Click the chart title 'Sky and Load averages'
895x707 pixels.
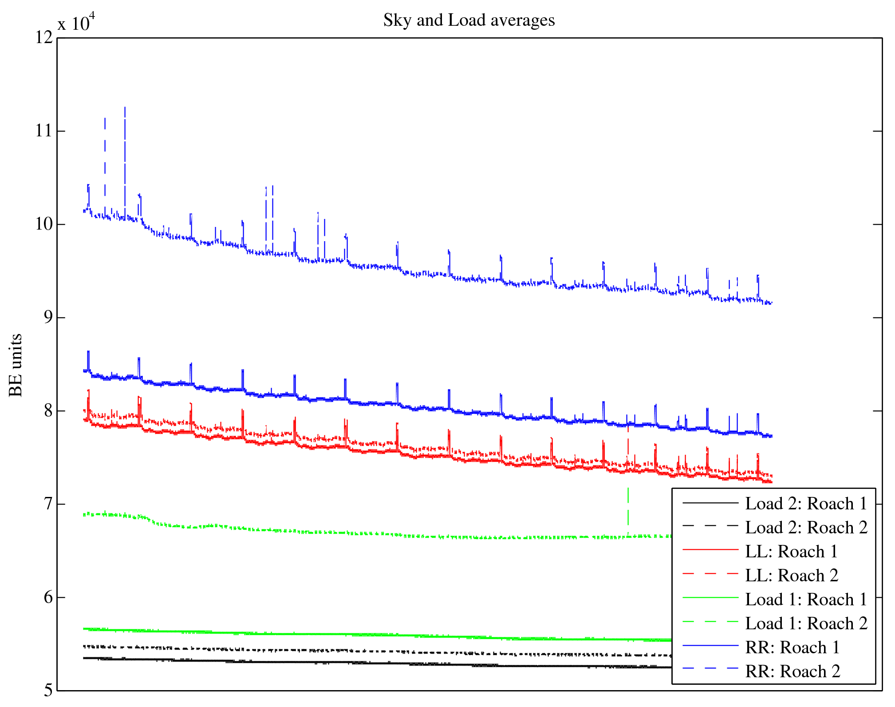tap(469, 20)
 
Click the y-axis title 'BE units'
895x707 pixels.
tap(16, 365)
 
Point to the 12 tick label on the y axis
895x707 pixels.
tap(43, 37)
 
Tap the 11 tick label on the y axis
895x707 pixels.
tap(43, 131)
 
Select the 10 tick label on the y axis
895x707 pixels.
tap(43, 224)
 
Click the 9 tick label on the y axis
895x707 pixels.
tap(48, 318)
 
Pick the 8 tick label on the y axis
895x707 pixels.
tap(48, 411)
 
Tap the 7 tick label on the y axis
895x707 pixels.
tap(48, 504)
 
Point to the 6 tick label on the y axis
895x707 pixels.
tap(48, 597)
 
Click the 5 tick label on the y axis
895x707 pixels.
tap(48, 691)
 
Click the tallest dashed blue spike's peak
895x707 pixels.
tap(125, 107)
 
